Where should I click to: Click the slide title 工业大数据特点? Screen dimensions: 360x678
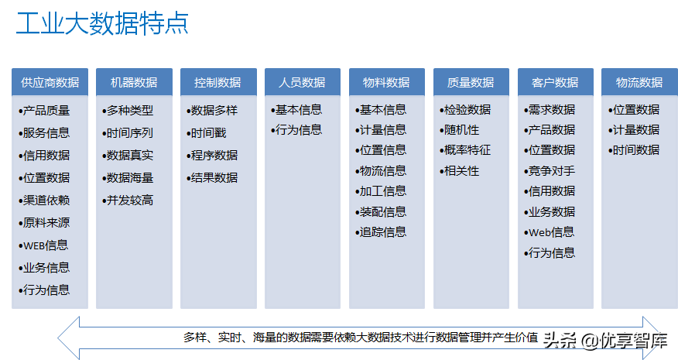[102, 23]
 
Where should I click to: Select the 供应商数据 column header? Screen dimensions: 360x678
[50, 82]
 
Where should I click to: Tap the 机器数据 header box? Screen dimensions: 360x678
[134, 82]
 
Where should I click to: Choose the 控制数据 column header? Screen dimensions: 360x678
[217, 82]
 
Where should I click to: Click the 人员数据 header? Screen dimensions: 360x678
[302, 82]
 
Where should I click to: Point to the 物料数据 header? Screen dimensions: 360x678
[386, 82]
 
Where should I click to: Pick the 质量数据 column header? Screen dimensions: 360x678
[471, 82]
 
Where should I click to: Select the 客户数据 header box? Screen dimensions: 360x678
[555, 82]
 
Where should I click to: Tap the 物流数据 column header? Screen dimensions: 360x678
[639, 82]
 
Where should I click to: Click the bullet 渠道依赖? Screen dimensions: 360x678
[46, 200]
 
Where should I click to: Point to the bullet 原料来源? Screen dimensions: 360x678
[46, 222]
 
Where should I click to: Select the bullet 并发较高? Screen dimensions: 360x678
[129, 200]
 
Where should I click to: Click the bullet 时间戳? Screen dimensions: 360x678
[208, 133]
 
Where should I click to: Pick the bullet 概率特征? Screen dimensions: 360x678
[467, 149]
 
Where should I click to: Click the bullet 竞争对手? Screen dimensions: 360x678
[551, 170]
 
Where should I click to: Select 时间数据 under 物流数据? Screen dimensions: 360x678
[635, 149]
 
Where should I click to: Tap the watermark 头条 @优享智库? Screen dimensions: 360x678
[604, 340]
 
